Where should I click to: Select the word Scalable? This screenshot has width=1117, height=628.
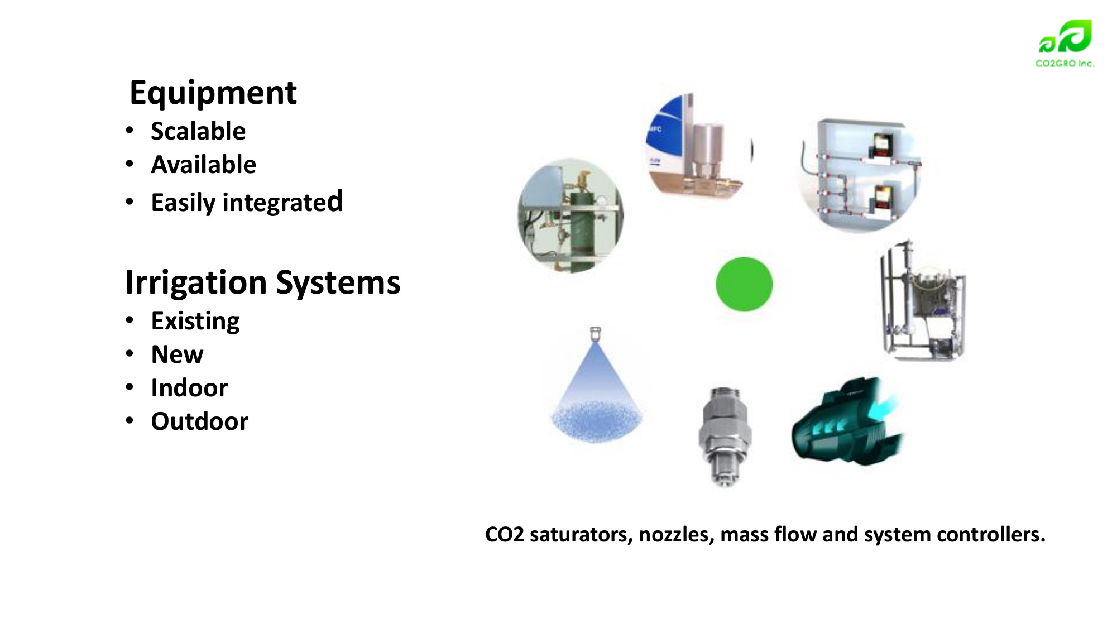pos(198,131)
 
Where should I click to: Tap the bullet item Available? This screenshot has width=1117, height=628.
pos(204,165)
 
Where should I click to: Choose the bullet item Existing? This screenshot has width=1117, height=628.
pos(195,322)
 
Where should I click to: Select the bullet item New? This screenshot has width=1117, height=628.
pos(178,354)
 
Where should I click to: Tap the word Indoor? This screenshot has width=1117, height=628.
pos(189,388)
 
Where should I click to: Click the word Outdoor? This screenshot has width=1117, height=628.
pos(200,421)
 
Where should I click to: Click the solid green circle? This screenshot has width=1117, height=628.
pos(744,284)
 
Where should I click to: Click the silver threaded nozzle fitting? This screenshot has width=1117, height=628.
pos(725,436)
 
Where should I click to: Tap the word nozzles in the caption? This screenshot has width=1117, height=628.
pos(677,535)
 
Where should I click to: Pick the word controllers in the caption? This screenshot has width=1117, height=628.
pos(991,535)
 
